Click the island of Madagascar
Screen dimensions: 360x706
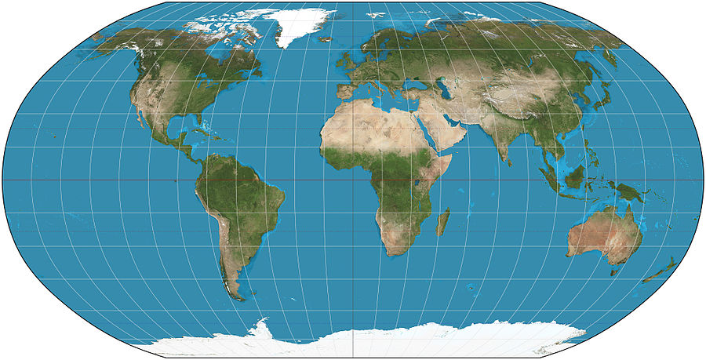[x=443, y=222]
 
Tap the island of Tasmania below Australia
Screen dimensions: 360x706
[x=614, y=271]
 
